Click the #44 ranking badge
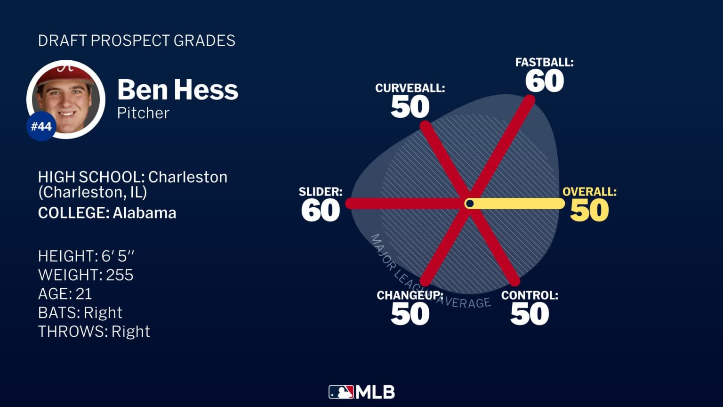41,126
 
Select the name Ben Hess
177,90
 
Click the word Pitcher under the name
143,113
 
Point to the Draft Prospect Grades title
137,41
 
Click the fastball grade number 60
545,81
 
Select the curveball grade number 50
410,106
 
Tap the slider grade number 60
321,210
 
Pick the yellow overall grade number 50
589,210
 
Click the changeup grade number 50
410,314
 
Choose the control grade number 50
530,314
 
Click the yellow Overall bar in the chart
518,203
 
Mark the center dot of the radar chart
469,203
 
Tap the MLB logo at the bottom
361,392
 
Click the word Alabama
145,213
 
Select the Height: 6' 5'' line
86,256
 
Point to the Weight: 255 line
86,275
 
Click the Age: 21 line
65,294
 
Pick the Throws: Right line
94,332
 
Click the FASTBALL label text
544,62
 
